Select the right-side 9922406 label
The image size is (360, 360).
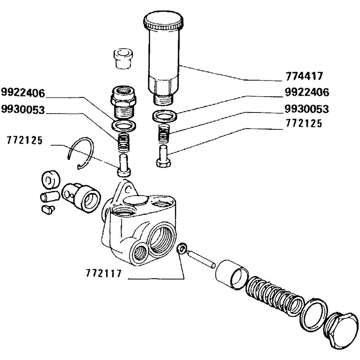(307, 93)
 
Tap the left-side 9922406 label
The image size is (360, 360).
(23, 93)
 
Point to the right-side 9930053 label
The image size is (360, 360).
(307, 109)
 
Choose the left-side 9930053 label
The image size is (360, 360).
(23, 110)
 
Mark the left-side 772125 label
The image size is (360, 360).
(25, 141)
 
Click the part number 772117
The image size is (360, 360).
(103, 273)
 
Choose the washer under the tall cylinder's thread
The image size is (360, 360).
(165, 116)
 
